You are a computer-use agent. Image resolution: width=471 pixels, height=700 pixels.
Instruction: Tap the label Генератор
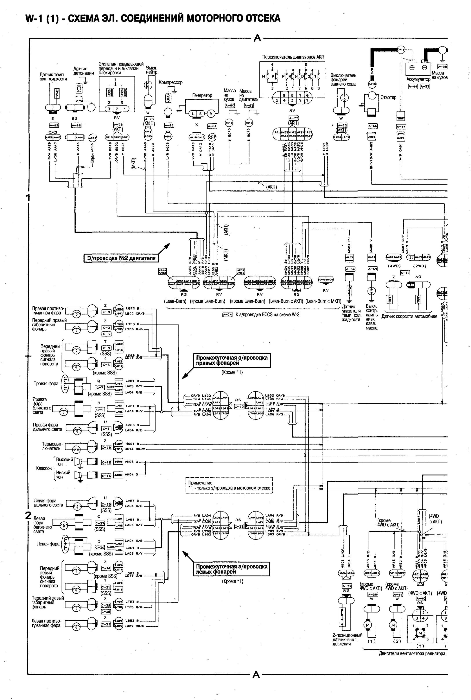click(202, 96)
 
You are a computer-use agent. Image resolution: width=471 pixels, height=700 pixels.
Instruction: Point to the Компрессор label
click(171, 82)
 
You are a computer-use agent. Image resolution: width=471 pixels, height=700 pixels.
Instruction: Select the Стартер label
click(388, 97)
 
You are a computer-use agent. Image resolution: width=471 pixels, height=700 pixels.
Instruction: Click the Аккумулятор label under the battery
click(418, 79)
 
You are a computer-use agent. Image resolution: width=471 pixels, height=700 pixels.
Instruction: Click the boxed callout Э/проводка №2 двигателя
click(121, 258)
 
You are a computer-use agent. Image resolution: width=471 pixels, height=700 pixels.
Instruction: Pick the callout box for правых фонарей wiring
click(232, 360)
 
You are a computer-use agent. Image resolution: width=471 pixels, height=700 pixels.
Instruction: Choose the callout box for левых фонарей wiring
click(232, 569)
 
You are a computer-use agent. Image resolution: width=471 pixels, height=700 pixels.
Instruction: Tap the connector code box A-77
click(293, 118)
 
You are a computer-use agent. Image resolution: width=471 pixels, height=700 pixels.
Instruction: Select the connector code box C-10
click(239, 407)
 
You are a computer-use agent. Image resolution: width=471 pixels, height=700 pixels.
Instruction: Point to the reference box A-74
click(227, 315)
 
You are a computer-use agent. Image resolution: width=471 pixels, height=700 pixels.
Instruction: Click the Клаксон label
click(44, 468)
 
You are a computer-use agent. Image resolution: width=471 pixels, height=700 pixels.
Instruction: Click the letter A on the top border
click(257, 38)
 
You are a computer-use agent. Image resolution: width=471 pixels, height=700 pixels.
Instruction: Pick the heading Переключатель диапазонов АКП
click(293, 57)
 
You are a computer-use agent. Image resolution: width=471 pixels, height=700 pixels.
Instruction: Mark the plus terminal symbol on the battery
click(412, 68)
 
